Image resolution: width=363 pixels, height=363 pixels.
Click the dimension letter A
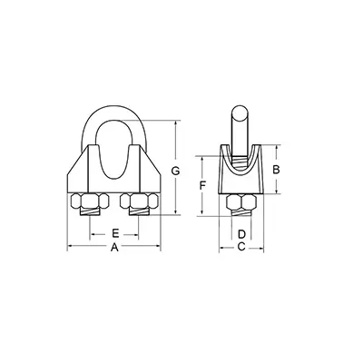point(114,248)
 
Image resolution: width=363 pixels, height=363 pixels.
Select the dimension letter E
point(115,233)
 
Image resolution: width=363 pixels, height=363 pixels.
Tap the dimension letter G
point(175,171)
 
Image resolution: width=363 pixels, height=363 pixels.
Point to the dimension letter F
point(202,185)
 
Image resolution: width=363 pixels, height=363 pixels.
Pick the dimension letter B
point(276,170)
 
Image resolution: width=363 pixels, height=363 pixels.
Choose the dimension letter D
point(241,234)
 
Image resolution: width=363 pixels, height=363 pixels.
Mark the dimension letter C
point(241,247)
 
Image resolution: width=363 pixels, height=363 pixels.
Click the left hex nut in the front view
point(90,201)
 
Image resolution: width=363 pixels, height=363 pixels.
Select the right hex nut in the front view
point(139,201)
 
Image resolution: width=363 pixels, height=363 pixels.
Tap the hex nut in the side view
point(241,202)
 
